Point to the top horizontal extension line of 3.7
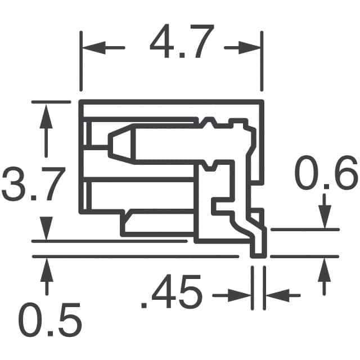tap(51, 102)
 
